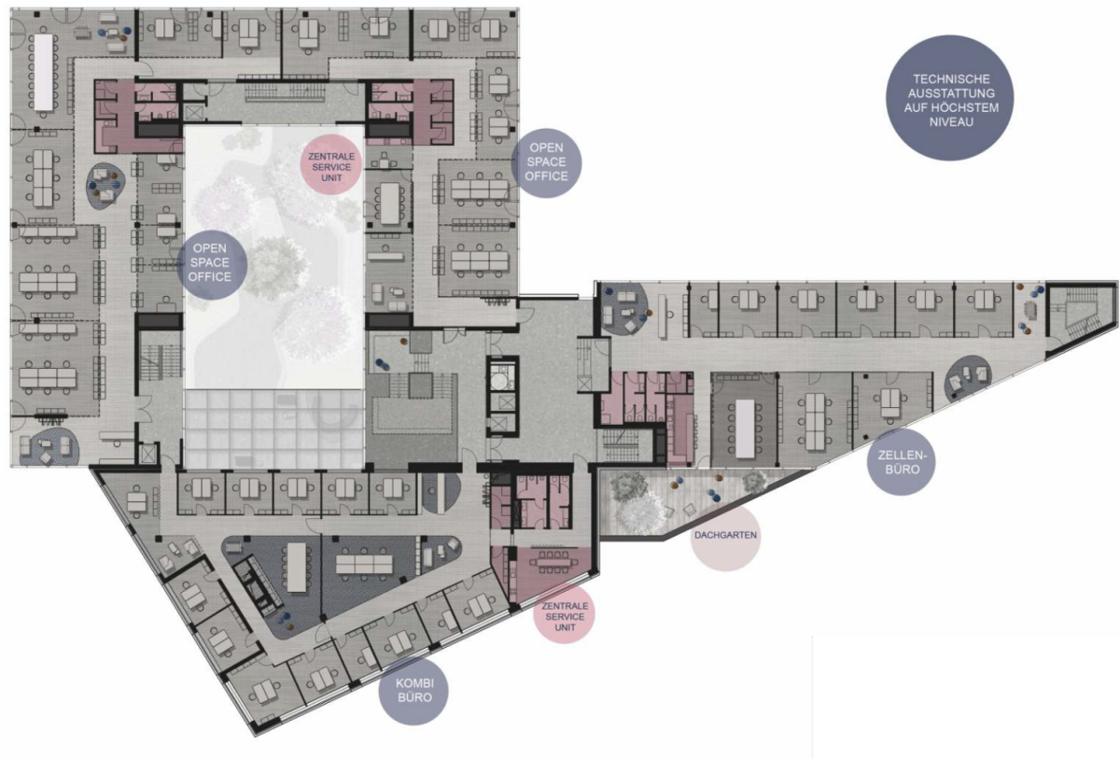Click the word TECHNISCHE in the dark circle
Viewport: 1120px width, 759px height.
click(x=951, y=79)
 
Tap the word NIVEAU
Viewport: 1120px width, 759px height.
click(x=951, y=121)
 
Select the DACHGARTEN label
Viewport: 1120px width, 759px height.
click(x=725, y=536)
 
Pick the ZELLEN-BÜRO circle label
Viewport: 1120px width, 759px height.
click(x=902, y=462)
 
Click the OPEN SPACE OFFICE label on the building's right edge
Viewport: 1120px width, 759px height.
click(x=547, y=162)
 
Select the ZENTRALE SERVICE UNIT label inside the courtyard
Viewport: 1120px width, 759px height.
click(x=331, y=167)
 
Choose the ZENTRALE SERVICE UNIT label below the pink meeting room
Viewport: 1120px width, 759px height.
click(x=565, y=616)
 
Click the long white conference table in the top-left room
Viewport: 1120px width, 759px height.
click(x=44, y=72)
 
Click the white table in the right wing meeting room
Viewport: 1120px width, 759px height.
click(x=745, y=429)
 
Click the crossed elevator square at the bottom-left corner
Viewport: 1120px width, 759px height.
click(x=148, y=454)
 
